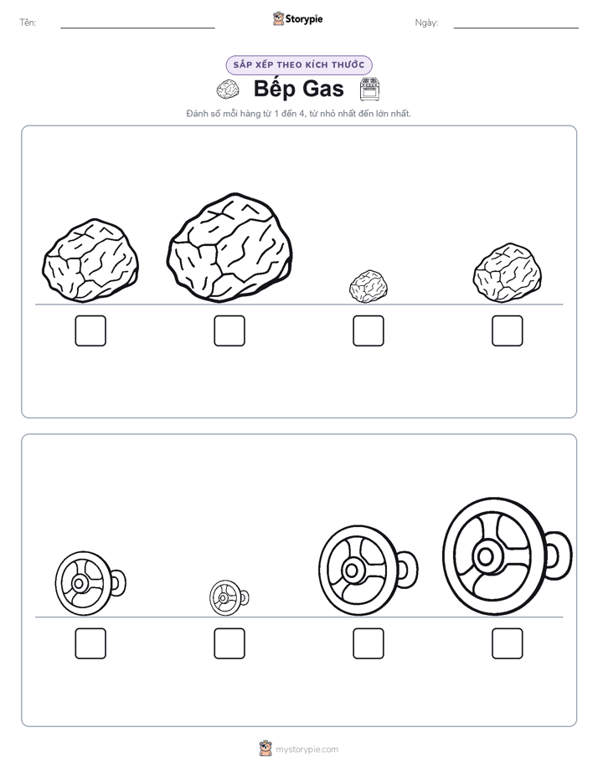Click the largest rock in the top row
229,248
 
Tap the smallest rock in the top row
368,286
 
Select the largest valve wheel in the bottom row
507,556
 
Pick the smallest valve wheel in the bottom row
229,597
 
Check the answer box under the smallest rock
368,330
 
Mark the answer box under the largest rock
229,330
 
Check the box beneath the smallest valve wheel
229,643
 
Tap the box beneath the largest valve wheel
508,643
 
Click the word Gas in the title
322,89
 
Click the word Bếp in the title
275,90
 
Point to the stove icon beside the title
369,89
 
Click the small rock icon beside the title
228,90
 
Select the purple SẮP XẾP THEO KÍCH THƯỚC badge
299,65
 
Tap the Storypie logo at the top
298,19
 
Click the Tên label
28,23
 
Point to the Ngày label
426,23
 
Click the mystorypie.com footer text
307,750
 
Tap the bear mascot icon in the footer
265,749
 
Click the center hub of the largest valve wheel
486,556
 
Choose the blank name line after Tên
137,28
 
